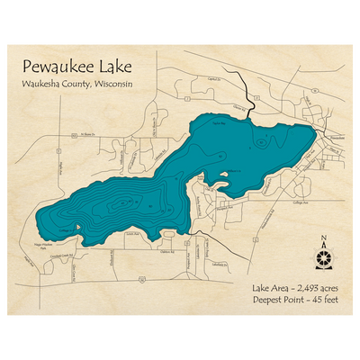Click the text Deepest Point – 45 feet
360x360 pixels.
coord(296,301)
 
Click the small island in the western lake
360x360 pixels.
coord(79,226)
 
